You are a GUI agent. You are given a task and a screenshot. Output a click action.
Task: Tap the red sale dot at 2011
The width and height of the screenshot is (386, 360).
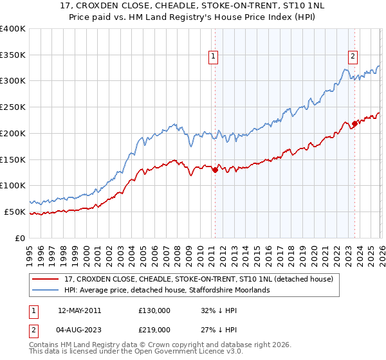(215, 170)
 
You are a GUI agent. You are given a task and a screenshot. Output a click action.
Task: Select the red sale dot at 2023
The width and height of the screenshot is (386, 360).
(354, 123)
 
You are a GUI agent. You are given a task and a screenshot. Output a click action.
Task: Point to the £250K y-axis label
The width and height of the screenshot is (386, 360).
(13, 107)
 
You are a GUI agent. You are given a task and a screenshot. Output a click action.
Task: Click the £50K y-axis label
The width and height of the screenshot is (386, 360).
(15, 212)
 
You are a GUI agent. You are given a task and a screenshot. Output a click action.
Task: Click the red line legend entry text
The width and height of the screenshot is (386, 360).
(198, 279)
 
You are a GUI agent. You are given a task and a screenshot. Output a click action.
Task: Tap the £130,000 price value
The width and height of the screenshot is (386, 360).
(154, 310)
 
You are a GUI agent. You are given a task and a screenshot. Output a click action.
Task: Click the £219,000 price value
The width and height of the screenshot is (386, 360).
(154, 329)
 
